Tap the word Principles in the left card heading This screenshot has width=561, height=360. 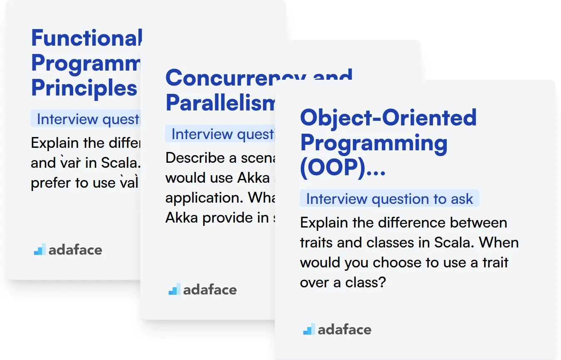point(84,88)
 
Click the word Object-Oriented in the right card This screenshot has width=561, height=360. point(388,118)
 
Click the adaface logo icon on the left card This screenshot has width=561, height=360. point(40,250)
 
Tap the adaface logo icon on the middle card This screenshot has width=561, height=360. point(175,289)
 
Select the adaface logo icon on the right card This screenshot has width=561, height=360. point(309,329)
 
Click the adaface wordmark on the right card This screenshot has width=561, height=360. point(344,330)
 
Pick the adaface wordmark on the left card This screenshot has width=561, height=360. point(75,250)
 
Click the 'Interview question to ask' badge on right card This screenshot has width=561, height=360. point(389,199)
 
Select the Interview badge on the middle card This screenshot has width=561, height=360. point(220,134)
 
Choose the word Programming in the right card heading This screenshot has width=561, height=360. point(374,143)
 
